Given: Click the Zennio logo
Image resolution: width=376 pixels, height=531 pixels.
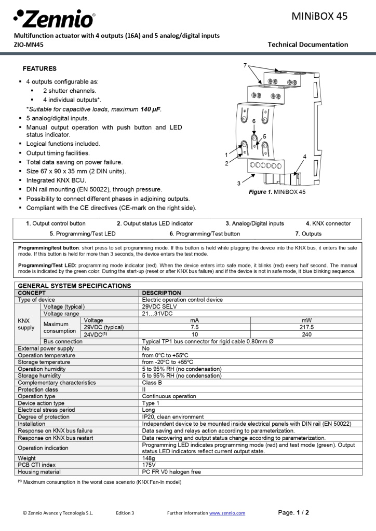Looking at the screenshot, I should click(54, 19).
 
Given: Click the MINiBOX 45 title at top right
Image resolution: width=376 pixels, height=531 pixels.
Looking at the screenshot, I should click(319, 17).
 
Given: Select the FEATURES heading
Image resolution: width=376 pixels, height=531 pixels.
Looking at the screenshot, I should click(39, 68).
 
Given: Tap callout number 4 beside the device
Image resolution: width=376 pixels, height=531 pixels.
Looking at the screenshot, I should click(305, 156).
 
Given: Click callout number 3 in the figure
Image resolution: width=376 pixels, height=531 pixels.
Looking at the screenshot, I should click(238, 183).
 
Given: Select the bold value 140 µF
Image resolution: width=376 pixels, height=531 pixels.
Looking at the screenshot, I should click(151, 109).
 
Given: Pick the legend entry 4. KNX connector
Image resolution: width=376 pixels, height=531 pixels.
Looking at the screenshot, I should click(328, 223).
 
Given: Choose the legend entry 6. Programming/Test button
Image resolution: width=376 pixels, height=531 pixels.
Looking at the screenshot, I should click(205, 234).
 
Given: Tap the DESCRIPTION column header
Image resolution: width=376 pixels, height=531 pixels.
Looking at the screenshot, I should click(162, 293).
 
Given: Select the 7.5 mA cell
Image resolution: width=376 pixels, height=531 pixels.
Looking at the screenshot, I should click(195, 327).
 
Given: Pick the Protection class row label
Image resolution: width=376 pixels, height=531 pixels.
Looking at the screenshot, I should click(38, 389).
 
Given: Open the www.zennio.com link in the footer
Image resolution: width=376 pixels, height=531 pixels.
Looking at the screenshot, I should click(227, 513).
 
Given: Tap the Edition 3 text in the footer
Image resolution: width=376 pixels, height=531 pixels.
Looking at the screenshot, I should click(125, 513).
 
